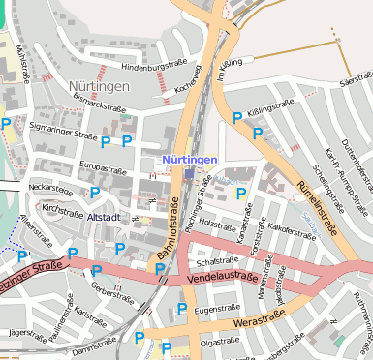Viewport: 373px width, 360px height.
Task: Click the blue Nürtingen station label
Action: click(x=190, y=158)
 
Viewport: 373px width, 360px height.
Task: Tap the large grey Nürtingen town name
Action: click(x=100, y=86)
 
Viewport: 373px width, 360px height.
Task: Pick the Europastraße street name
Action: click(x=102, y=167)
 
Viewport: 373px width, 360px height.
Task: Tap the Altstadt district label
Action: click(x=104, y=218)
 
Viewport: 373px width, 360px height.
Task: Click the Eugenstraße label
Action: click(x=216, y=308)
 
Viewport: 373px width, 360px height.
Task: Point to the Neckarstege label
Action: click(x=51, y=187)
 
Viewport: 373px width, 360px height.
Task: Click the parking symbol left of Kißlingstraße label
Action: click(x=237, y=118)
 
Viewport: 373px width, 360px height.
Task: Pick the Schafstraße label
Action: click(x=216, y=261)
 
